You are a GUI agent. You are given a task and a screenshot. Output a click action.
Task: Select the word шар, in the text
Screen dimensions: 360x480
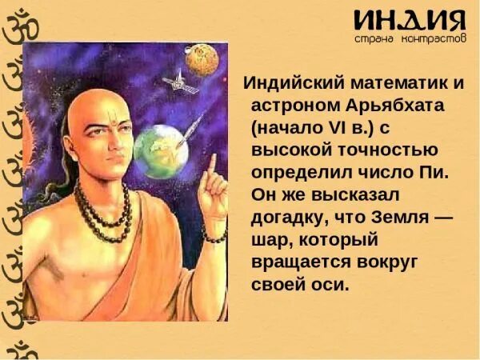coord(272,240)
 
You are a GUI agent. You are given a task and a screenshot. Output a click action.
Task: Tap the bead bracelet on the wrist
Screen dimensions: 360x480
coord(214,236)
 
